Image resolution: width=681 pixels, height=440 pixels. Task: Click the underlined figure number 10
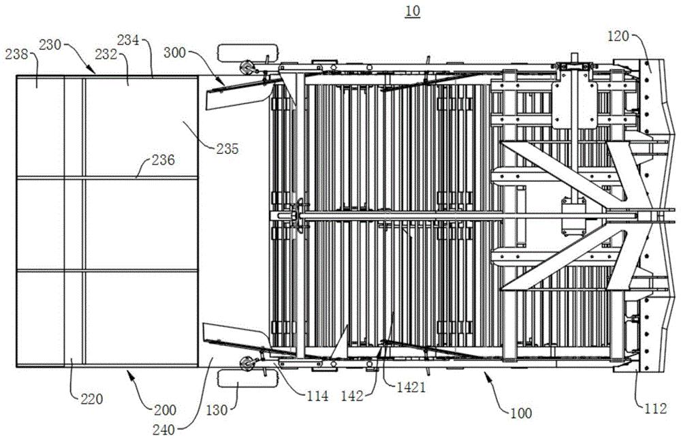point(413,10)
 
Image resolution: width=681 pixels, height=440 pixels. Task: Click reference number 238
point(16,54)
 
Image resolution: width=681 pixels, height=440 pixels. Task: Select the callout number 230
point(50,44)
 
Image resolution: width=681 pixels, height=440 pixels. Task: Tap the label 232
point(106,54)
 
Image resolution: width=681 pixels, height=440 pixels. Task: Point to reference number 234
point(128,40)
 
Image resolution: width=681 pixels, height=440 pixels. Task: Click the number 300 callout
point(174,53)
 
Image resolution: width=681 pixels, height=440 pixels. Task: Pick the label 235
point(227,149)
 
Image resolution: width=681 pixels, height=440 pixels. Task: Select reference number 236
point(163,160)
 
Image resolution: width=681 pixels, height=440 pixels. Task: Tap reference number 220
point(92,398)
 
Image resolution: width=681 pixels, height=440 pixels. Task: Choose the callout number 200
point(165,409)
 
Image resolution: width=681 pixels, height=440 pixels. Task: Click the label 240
point(163,430)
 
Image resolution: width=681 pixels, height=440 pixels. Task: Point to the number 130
point(217,409)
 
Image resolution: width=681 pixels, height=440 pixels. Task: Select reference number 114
point(317,396)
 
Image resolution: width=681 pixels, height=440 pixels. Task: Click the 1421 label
point(411,387)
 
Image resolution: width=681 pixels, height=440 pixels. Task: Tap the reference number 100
point(520,413)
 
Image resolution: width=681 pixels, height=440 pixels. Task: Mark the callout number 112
point(655,409)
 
